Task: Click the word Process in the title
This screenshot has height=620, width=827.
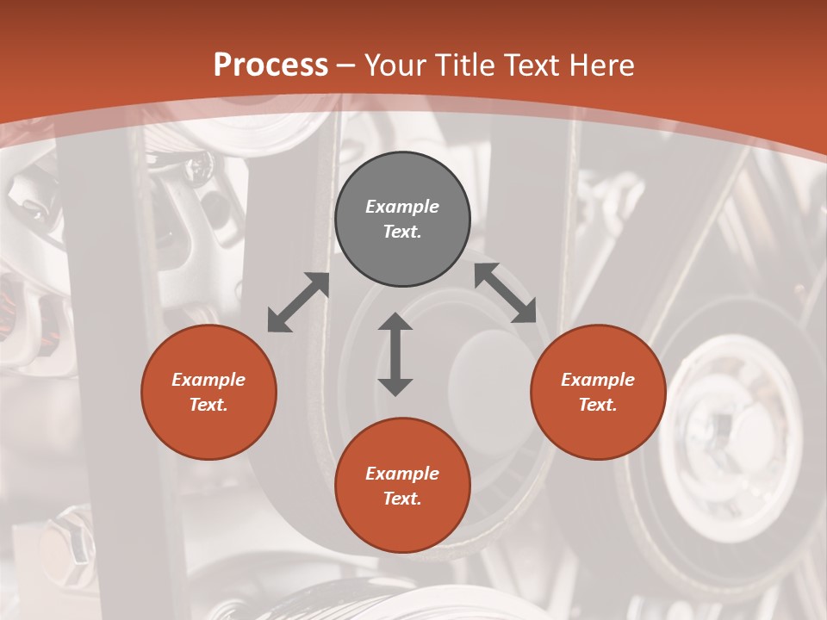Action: click(x=270, y=65)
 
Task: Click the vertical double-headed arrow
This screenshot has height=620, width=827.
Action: click(x=395, y=355)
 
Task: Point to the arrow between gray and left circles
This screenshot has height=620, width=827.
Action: click(x=298, y=302)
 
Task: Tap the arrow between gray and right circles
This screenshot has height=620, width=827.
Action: click(x=506, y=293)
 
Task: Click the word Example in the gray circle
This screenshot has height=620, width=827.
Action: click(x=402, y=207)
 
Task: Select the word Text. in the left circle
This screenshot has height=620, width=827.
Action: click(x=208, y=405)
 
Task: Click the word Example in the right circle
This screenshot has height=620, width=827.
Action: click(x=598, y=380)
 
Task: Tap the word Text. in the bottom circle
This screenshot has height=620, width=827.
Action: click(x=402, y=499)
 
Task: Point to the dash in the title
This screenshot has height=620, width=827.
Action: click(x=346, y=65)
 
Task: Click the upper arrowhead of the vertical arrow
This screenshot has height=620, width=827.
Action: click(x=395, y=322)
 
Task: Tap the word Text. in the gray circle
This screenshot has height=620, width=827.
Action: click(x=402, y=232)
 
